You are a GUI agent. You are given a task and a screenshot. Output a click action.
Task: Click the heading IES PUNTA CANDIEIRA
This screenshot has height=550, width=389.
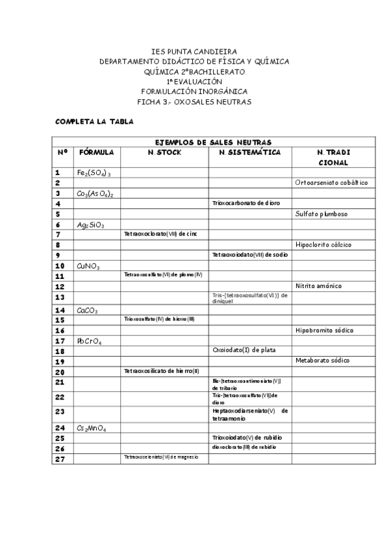click(194, 51)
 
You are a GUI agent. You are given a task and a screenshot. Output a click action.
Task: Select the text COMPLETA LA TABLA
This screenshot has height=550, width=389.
click(95, 121)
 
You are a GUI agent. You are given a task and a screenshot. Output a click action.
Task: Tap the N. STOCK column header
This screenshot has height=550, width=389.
click(164, 152)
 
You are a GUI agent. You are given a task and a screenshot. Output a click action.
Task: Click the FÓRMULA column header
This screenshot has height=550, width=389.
click(97, 152)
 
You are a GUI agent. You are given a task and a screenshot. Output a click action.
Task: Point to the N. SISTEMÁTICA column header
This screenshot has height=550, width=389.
click(250, 152)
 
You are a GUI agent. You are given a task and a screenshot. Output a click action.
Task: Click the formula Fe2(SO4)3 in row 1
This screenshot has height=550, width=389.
click(94, 173)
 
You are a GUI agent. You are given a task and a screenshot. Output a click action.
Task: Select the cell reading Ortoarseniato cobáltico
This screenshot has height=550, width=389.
click(331, 183)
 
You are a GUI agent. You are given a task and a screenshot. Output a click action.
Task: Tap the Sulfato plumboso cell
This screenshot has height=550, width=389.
click(321, 213)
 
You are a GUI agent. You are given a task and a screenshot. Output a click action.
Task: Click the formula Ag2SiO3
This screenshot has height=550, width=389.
click(90, 224)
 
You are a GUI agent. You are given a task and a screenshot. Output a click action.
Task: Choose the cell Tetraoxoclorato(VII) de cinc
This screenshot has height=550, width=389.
click(160, 233)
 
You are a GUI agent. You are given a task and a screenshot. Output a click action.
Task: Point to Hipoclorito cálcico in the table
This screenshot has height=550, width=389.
click(323, 245)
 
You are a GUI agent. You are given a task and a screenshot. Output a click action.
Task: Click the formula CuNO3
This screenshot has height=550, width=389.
click(88, 266)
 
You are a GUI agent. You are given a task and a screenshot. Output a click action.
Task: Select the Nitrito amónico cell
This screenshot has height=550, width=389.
click(318, 285)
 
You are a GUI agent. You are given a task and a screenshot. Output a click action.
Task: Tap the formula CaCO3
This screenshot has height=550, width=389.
click(87, 311)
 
